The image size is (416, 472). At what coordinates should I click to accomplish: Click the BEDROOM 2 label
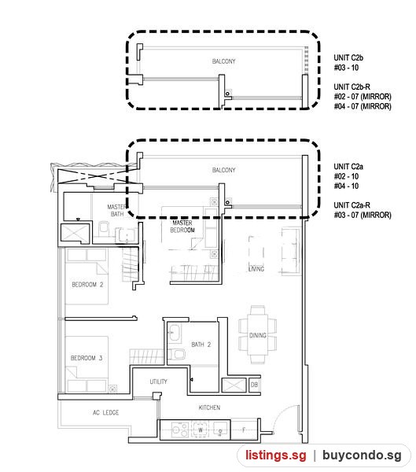[x=87, y=285]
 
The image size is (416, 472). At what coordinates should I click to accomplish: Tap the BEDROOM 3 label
[x=87, y=358]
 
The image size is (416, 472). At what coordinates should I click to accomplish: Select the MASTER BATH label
[x=116, y=210]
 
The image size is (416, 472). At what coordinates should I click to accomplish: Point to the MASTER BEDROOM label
[x=182, y=227]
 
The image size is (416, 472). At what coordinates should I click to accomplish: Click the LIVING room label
[x=256, y=269]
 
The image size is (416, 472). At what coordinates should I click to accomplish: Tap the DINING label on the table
[x=258, y=335]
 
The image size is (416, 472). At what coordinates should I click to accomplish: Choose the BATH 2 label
[x=201, y=345]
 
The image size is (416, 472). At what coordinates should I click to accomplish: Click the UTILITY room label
[x=158, y=382]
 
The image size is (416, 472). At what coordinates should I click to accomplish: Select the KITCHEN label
[x=209, y=407]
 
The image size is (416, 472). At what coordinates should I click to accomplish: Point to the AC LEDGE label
[x=105, y=412]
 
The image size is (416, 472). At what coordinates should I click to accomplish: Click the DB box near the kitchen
[x=254, y=385]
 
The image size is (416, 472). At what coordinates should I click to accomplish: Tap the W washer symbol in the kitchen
[x=201, y=430]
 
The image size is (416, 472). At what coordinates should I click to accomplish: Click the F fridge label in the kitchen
[x=244, y=430]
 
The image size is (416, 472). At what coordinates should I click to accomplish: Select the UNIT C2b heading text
[x=348, y=57]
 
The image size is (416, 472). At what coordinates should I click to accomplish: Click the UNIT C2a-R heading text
[x=352, y=205]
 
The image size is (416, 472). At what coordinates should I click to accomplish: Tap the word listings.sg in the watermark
[x=276, y=455]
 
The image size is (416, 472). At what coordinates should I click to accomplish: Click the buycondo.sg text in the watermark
[x=362, y=455]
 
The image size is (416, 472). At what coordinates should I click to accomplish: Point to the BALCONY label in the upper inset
[x=223, y=61]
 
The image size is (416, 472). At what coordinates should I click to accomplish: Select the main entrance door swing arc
[x=280, y=414]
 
